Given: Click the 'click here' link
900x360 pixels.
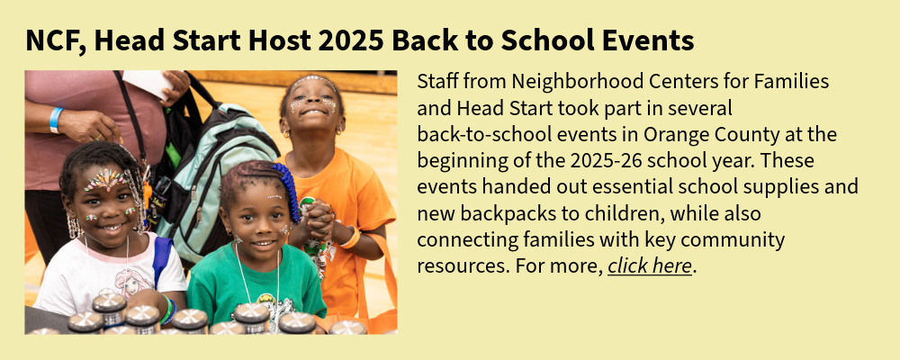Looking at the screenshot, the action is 650,266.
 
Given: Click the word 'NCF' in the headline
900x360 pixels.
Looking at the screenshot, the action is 56,41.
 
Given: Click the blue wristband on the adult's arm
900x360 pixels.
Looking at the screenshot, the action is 56,120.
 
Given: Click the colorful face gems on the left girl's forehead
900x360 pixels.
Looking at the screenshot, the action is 105,180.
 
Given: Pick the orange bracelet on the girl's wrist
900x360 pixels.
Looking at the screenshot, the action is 351,238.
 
